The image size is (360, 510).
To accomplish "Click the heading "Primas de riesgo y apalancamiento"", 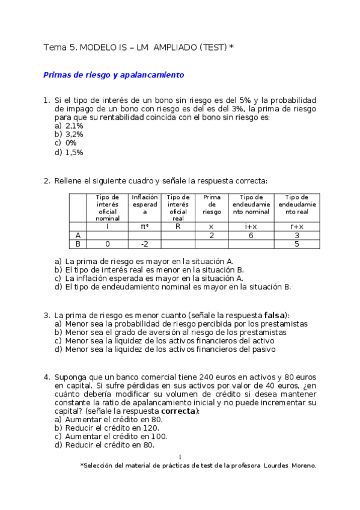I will pos(113,75).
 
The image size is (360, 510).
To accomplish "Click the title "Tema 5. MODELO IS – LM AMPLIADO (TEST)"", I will pos(135,46).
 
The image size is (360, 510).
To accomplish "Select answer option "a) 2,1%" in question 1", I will pos(69,126).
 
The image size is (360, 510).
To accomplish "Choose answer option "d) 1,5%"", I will pos(69,152).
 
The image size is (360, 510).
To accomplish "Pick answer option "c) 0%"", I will pos(66,143).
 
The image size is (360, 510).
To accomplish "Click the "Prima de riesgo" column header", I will pos(211,204).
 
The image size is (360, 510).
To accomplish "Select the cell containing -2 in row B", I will pos(144,244).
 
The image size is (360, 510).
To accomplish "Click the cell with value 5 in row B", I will pos(296,244).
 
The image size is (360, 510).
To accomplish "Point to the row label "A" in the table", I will pos(78,235).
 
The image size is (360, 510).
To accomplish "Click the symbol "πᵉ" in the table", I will pos(144,226).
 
